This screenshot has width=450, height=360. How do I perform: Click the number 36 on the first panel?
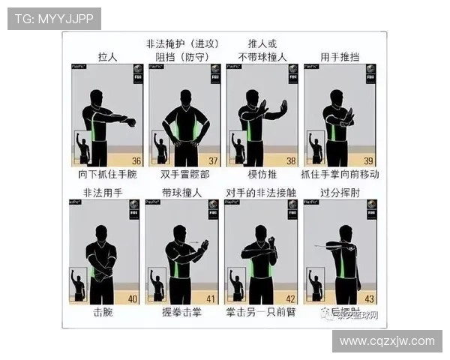point(136,160)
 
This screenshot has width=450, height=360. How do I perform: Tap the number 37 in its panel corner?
point(213,160)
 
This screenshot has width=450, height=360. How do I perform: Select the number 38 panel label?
point(290,160)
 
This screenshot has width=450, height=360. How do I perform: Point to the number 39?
point(367,160)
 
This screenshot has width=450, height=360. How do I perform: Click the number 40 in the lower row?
point(133,299)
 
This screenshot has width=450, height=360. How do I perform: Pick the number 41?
point(211,299)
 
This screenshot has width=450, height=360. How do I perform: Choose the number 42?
point(289,299)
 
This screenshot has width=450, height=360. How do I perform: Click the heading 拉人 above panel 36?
point(109,56)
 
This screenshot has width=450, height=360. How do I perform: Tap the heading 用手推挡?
point(340,56)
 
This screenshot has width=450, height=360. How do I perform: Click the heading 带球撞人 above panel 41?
point(181,193)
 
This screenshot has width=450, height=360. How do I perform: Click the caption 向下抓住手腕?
point(107,174)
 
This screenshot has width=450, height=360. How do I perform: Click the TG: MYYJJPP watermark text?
point(54,18)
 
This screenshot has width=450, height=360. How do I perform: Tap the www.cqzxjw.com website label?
point(386,341)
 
